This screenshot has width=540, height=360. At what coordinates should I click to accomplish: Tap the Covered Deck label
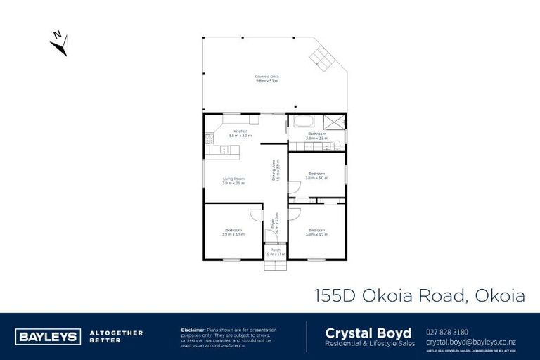(266, 79)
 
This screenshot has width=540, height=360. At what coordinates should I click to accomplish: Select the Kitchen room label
(240, 133)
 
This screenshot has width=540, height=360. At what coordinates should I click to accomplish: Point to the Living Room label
(233, 181)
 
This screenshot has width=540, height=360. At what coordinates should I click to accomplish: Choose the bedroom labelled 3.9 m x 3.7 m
(233, 231)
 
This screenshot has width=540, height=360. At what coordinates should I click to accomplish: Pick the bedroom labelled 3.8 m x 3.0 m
(316, 175)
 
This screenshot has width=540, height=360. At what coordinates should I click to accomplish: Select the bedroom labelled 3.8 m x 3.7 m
(316, 231)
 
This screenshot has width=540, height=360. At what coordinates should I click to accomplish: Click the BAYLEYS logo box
(48, 335)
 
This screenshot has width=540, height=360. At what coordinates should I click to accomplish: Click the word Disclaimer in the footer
(193, 329)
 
